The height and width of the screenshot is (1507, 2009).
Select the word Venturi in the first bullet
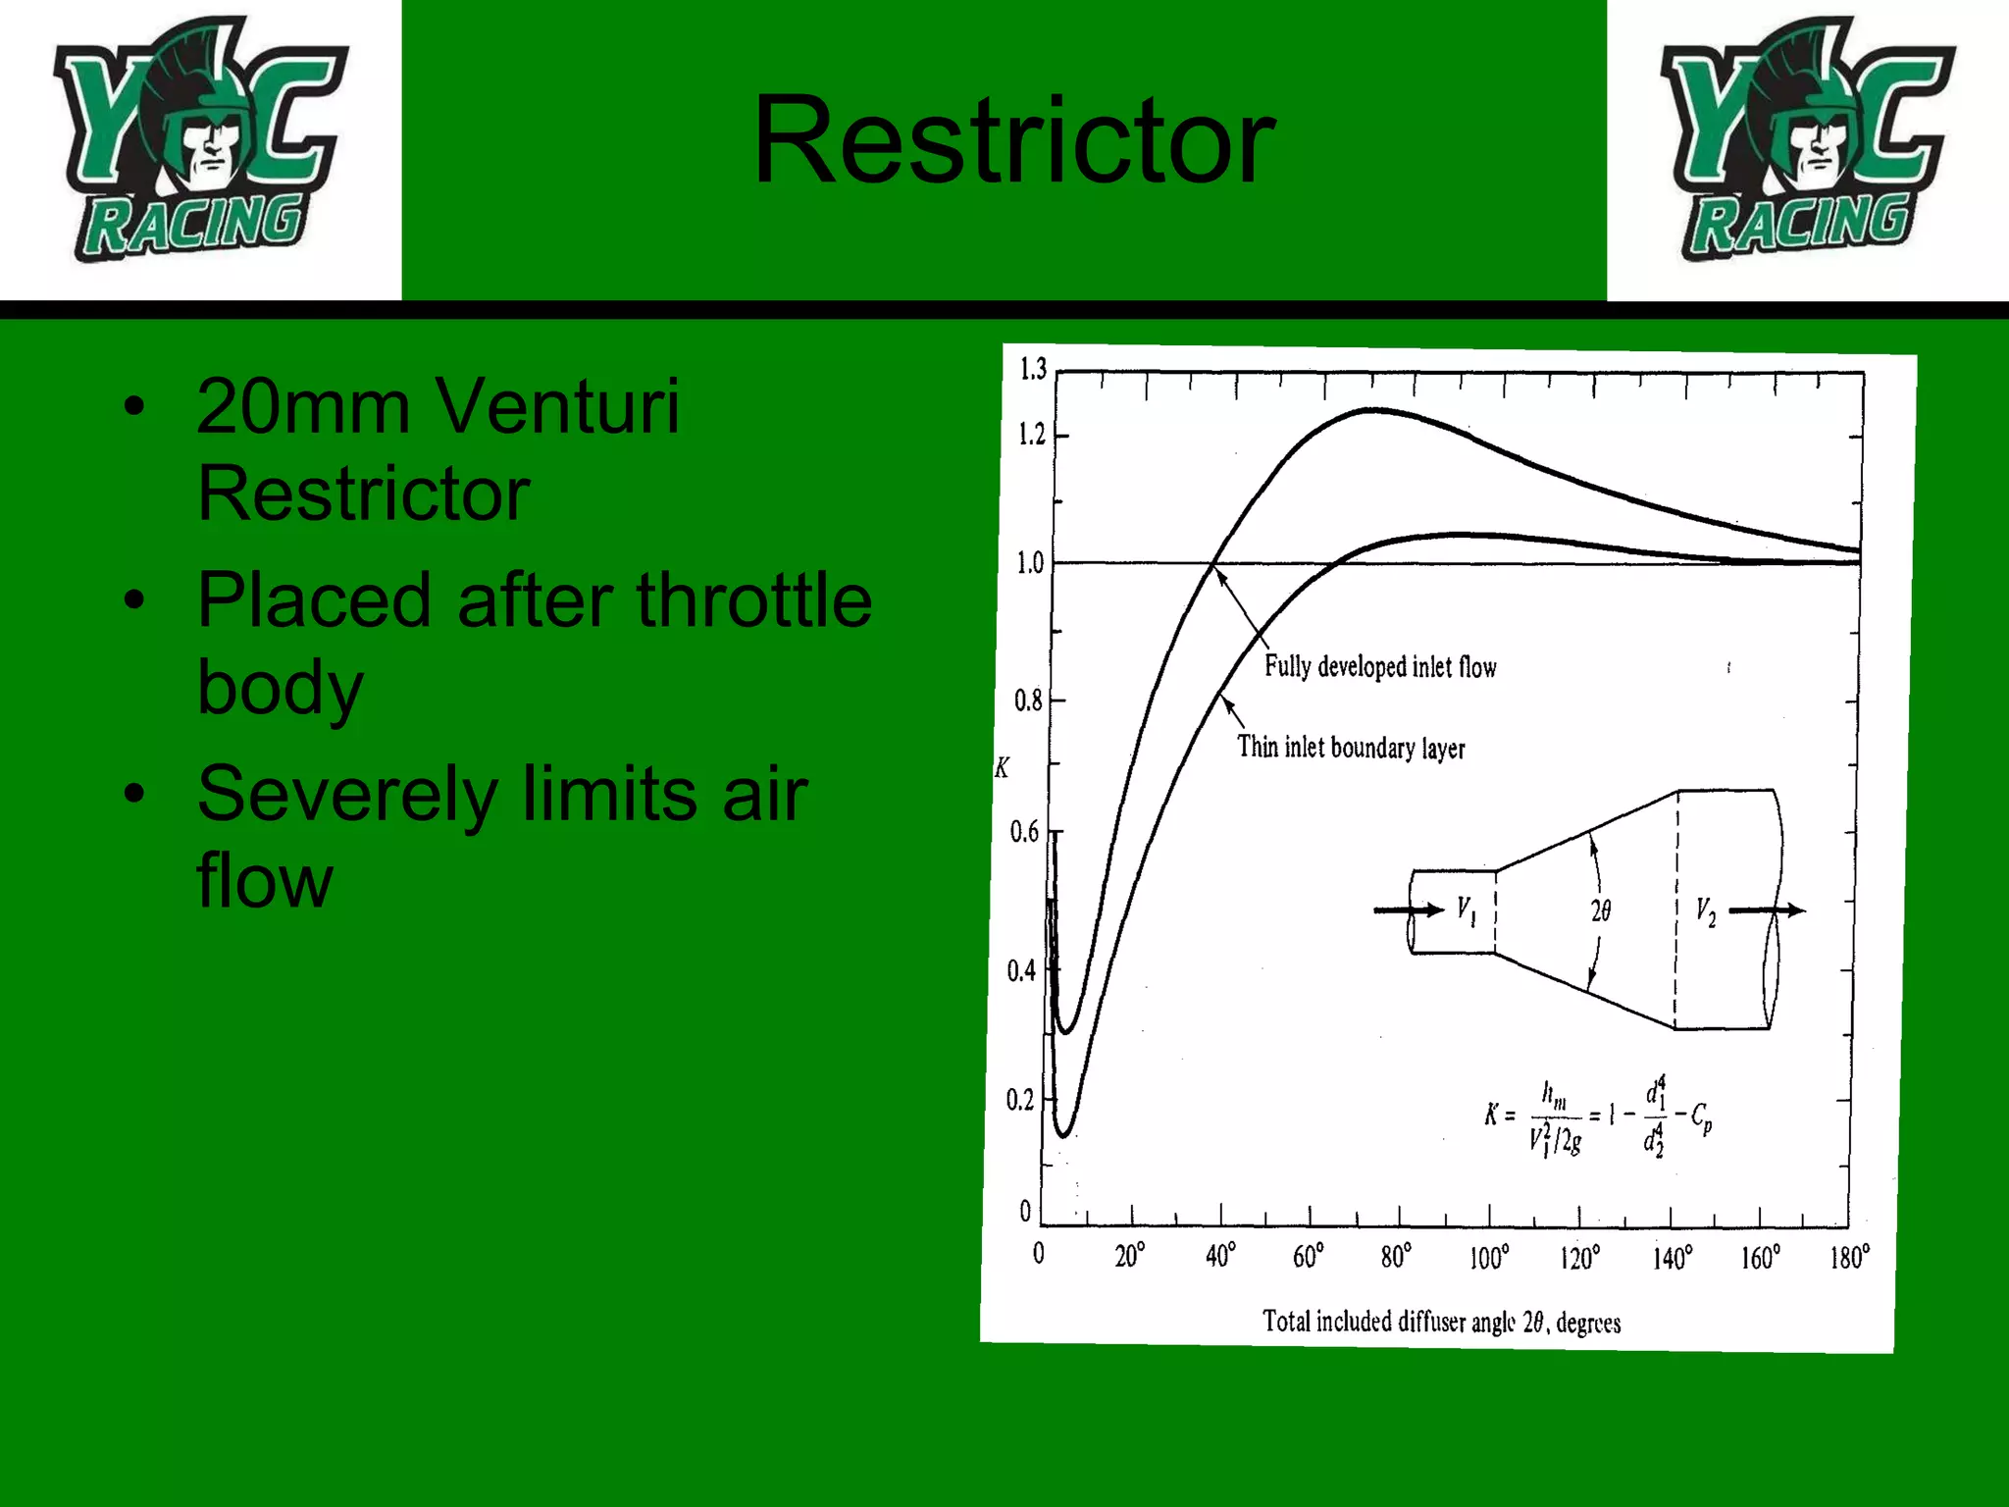click(x=556, y=406)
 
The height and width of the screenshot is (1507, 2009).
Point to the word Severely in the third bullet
click(x=346, y=794)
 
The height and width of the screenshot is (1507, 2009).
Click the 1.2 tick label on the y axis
click(x=1032, y=434)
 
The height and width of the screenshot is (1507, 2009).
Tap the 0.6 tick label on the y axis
click(x=1024, y=833)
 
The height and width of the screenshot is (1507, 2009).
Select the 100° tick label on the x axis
click(x=1488, y=1257)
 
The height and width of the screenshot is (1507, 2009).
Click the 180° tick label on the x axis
click(x=1849, y=1257)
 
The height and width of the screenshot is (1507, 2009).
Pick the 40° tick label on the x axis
click(x=1220, y=1256)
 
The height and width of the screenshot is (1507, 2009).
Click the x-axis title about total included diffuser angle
click(x=1441, y=1322)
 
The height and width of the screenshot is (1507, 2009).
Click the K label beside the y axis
click(x=1002, y=767)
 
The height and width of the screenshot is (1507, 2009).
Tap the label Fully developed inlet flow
click(x=1379, y=667)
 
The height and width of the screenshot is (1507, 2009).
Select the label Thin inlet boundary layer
click(x=1351, y=748)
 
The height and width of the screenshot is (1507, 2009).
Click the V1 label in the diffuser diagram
click(x=1466, y=911)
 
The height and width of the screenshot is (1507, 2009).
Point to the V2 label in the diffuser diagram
click(x=1706, y=912)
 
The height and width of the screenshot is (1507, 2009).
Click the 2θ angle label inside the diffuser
click(x=1600, y=911)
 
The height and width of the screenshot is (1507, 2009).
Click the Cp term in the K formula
click(x=1701, y=1117)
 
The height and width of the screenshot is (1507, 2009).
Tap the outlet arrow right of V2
click(x=1767, y=910)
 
